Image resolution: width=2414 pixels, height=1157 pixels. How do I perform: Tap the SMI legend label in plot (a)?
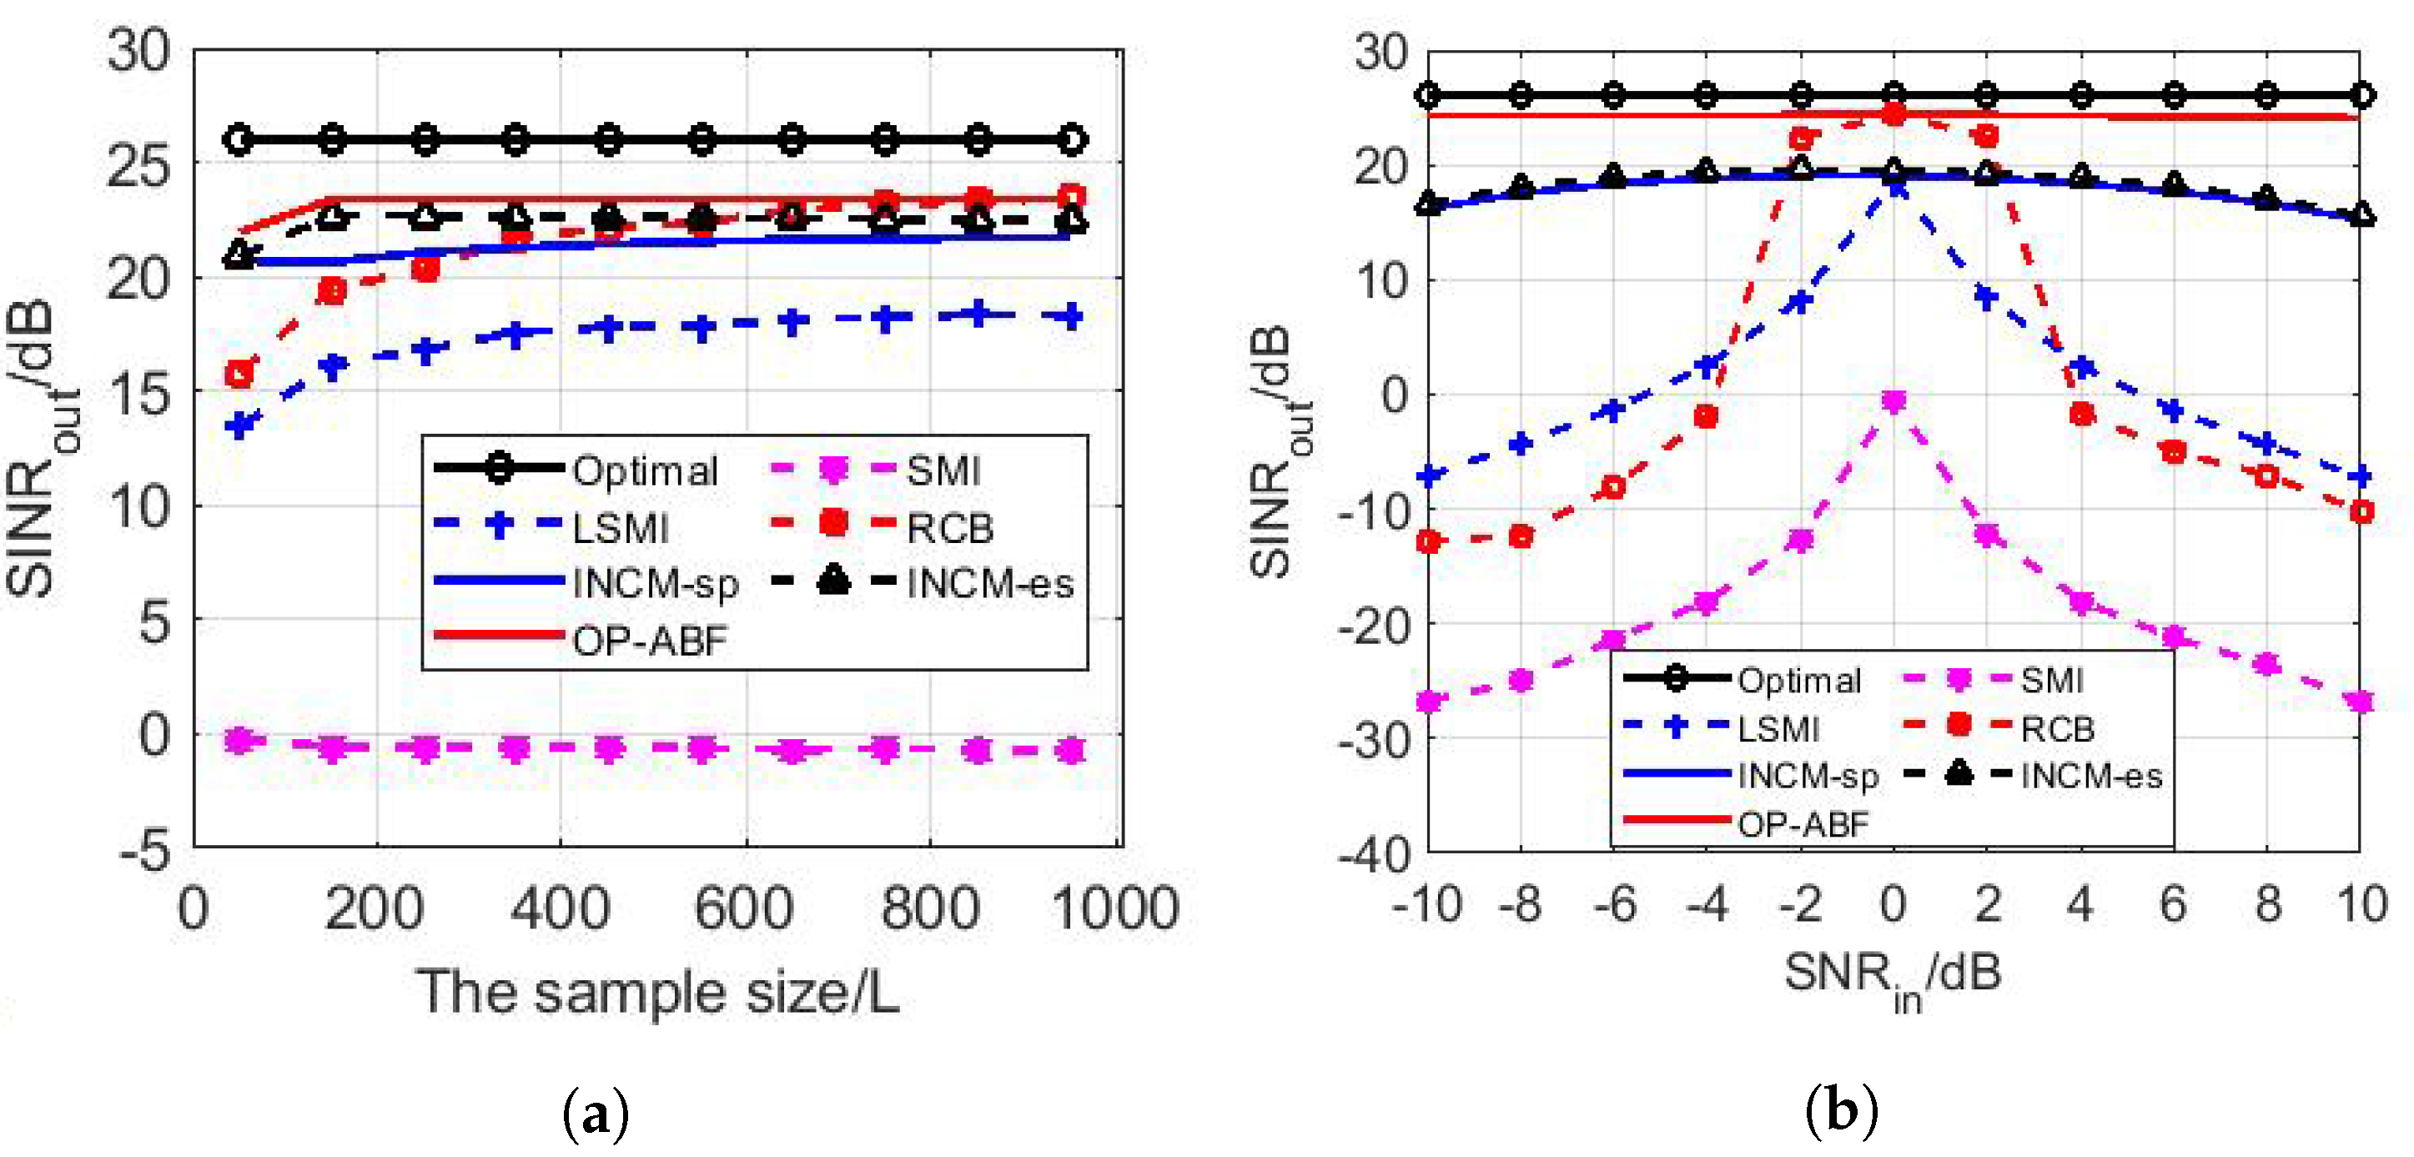[943, 470]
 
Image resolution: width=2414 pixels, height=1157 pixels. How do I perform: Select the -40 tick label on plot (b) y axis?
[1374, 854]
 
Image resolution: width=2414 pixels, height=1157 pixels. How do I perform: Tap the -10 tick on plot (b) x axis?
[1426, 904]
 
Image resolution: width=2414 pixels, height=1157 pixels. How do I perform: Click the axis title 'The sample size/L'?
[658, 991]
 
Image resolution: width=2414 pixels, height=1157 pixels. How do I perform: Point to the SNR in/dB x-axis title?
[1892, 976]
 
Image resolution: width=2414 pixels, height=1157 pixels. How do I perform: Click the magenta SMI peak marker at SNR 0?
[1893, 402]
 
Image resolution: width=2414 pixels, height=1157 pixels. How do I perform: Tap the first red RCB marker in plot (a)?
[240, 374]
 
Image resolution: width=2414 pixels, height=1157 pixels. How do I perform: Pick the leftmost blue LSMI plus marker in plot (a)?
[241, 425]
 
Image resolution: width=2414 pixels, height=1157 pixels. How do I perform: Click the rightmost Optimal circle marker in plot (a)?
[1072, 139]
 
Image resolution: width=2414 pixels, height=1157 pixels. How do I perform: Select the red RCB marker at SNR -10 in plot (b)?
[1427, 541]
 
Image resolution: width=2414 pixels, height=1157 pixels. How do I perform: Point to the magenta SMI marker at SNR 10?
[2361, 701]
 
